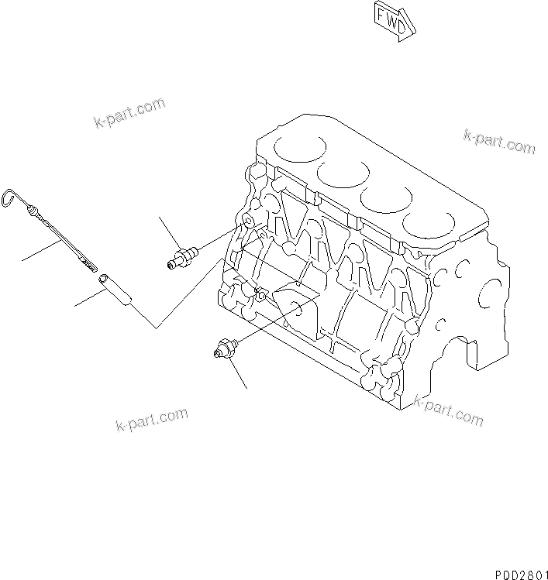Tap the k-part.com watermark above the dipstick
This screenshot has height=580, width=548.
point(129,113)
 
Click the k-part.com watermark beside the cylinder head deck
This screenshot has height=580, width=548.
point(499,141)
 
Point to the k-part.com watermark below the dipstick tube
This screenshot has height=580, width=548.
point(151,420)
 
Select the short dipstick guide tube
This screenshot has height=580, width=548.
point(116,287)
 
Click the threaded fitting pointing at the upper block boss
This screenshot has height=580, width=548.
point(184,256)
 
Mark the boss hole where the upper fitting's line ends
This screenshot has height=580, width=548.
point(246,224)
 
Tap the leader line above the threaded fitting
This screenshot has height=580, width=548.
point(170,231)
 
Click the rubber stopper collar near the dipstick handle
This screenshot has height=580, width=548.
point(34,211)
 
